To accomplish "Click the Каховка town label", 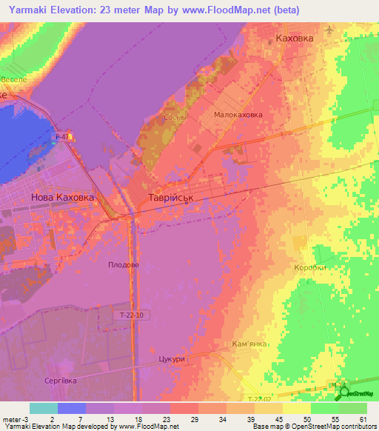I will (x=294, y=37).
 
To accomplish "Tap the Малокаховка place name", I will (x=238, y=116).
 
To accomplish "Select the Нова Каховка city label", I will (x=63, y=198).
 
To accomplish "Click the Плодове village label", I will (x=124, y=264).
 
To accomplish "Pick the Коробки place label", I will (x=309, y=268).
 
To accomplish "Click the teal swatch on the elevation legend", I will (x=44, y=408).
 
